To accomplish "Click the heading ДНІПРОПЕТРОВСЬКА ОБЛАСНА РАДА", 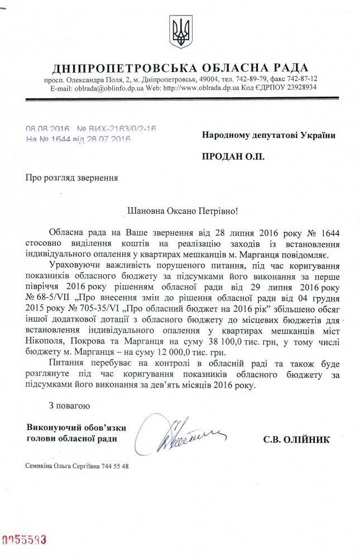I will [x=180, y=69].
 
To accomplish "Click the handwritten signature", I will [x=179, y=434].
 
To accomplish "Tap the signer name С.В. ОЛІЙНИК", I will [x=296, y=440].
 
